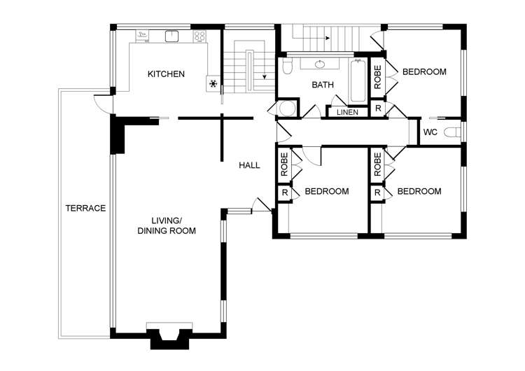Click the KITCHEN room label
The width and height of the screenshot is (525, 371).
point(166,73)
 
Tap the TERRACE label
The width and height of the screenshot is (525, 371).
point(85,209)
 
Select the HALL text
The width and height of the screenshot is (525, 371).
point(249,165)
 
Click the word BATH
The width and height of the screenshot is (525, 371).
point(323,85)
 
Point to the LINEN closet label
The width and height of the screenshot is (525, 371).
point(347,113)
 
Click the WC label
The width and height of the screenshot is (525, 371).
point(430,132)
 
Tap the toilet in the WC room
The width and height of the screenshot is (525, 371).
point(453,132)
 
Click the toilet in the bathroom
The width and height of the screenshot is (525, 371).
point(287,66)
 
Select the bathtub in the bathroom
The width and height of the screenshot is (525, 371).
point(358,80)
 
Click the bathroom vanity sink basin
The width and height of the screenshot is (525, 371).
point(320,64)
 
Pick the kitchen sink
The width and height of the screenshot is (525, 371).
point(172,36)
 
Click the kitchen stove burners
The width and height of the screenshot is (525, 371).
point(199,36)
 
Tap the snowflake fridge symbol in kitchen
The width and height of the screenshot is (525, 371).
point(213,84)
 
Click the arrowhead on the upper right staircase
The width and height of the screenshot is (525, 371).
point(328,38)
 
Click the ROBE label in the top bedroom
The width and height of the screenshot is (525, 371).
point(378,77)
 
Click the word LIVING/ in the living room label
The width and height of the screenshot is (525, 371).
point(167,220)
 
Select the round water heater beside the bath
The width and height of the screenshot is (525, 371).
point(288,108)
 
